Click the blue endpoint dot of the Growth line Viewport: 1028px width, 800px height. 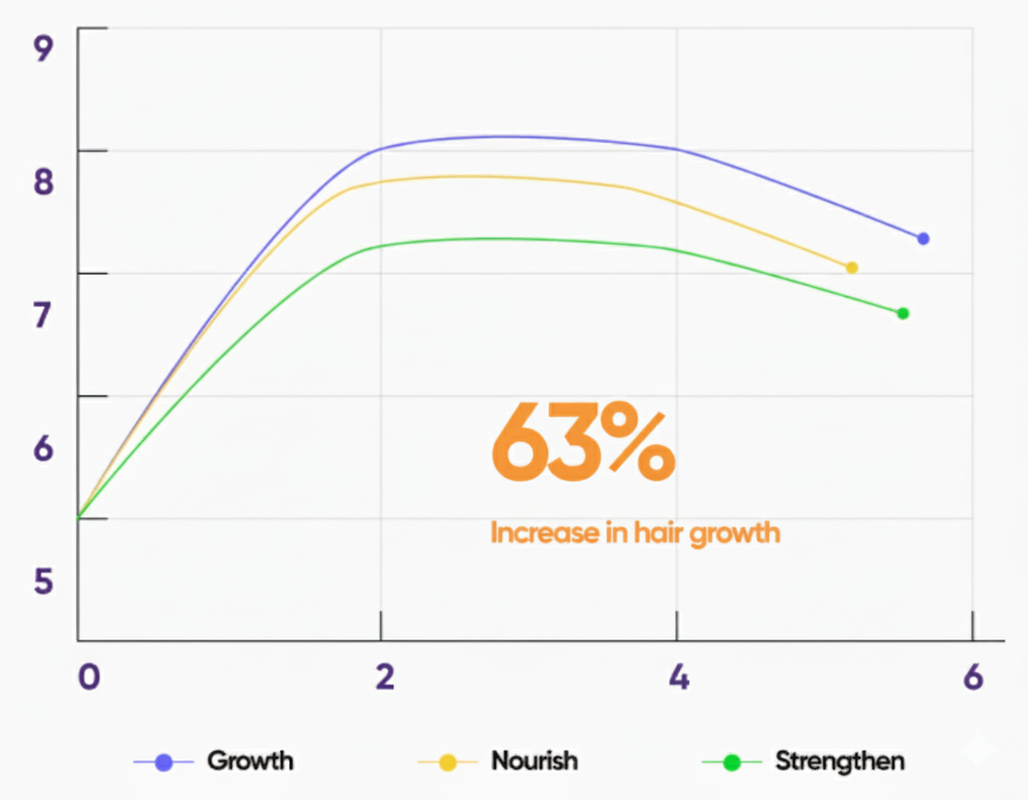pyautogui.click(x=923, y=238)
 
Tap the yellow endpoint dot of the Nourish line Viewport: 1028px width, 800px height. pyautogui.click(x=851, y=268)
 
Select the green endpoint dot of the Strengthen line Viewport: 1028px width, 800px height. pyautogui.click(x=903, y=313)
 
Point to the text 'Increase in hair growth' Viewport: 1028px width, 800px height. pyautogui.click(x=635, y=533)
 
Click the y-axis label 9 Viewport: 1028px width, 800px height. pyautogui.click(x=44, y=48)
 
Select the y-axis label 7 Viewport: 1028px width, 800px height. pyautogui.click(x=44, y=315)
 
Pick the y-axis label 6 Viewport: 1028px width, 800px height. pyautogui.click(x=44, y=448)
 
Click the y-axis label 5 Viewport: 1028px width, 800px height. pyautogui.click(x=44, y=581)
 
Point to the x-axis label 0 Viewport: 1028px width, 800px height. pyautogui.click(x=88, y=678)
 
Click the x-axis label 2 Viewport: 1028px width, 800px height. pyautogui.click(x=385, y=678)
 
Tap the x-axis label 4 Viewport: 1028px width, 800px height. pyautogui.click(x=679, y=678)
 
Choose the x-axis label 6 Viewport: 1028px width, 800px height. pyautogui.click(x=974, y=678)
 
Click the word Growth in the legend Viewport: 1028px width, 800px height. pyautogui.click(x=250, y=762)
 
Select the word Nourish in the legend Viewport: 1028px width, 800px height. pyautogui.click(x=535, y=762)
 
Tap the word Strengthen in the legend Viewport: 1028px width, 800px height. pyautogui.click(x=840, y=762)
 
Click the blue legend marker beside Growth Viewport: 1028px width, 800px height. pyautogui.click(x=163, y=762)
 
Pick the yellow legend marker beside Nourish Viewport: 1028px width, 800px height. pyautogui.click(x=447, y=762)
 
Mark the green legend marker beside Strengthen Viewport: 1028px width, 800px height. pyautogui.click(x=732, y=762)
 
